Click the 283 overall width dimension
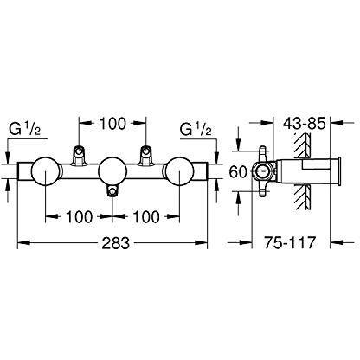click(x=116, y=243)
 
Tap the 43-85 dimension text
click(x=304, y=124)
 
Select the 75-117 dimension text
click(x=290, y=242)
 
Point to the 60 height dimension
click(x=238, y=172)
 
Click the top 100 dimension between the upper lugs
click(x=112, y=124)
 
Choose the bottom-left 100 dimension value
click(x=80, y=216)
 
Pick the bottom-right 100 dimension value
click(x=146, y=216)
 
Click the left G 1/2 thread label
click(x=25, y=129)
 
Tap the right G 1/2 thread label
click(x=196, y=129)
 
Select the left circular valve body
click(x=46, y=172)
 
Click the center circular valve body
click(x=112, y=172)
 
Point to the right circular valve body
click(x=179, y=172)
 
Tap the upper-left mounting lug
click(x=79, y=156)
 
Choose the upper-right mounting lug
click(x=145, y=156)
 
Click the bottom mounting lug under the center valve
click(x=112, y=190)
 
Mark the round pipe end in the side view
click(x=262, y=172)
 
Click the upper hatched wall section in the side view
click(x=302, y=146)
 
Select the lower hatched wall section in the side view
click(x=302, y=198)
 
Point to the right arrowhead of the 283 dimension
click(x=201, y=243)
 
